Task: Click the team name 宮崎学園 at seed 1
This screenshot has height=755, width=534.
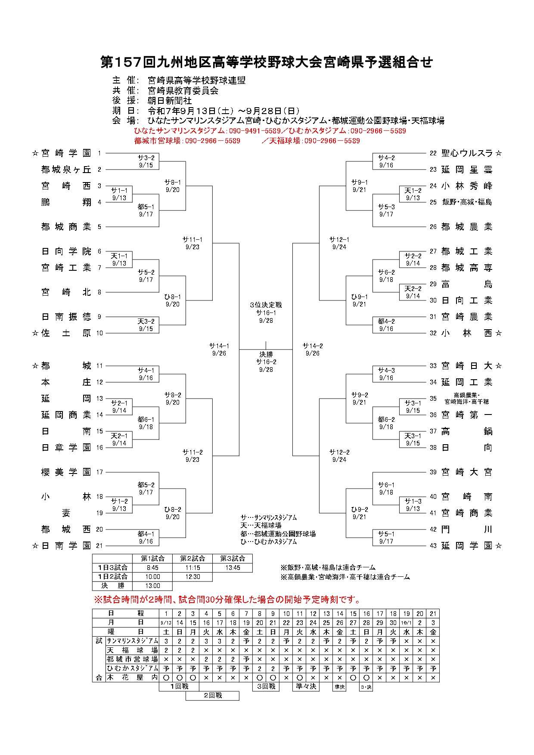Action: click(66, 153)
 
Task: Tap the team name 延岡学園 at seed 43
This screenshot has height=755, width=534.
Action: click(467, 546)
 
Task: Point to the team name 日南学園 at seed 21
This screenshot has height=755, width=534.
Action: click(66, 546)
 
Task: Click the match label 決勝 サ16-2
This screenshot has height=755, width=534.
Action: click(266, 362)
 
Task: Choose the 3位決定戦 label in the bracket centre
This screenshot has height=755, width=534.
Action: click(266, 305)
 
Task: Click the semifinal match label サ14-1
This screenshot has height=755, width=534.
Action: click(219, 349)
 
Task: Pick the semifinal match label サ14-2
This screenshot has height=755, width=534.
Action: click(313, 349)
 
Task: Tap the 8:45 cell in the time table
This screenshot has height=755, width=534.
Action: click(152, 568)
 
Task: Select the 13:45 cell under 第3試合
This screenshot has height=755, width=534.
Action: click(233, 568)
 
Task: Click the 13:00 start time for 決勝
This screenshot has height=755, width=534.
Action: click(152, 586)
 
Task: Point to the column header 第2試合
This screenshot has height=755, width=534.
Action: click(192, 559)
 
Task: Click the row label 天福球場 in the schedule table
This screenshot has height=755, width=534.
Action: click(132, 650)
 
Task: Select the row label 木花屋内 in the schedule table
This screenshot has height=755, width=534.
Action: click(132, 678)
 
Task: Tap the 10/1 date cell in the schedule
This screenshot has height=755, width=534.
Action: click(406, 622)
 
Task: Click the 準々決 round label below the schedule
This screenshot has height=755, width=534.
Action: click(306, 687)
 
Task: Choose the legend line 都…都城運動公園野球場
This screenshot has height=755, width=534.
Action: click(278, 534)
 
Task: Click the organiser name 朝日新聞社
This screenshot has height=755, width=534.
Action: click(170, 101)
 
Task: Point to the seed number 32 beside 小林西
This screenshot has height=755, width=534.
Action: click(433, 333)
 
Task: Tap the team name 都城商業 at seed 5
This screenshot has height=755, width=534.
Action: click(66, 227)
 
